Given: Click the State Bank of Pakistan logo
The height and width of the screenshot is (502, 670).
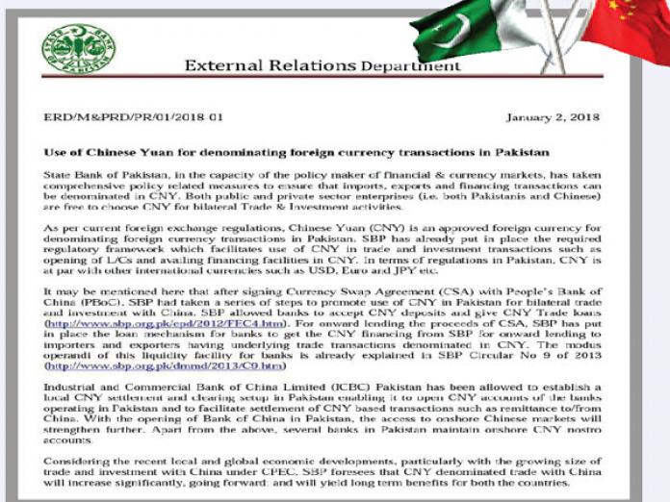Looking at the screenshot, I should [78, 49].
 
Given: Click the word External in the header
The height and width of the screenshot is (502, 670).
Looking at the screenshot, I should [222, 66].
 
